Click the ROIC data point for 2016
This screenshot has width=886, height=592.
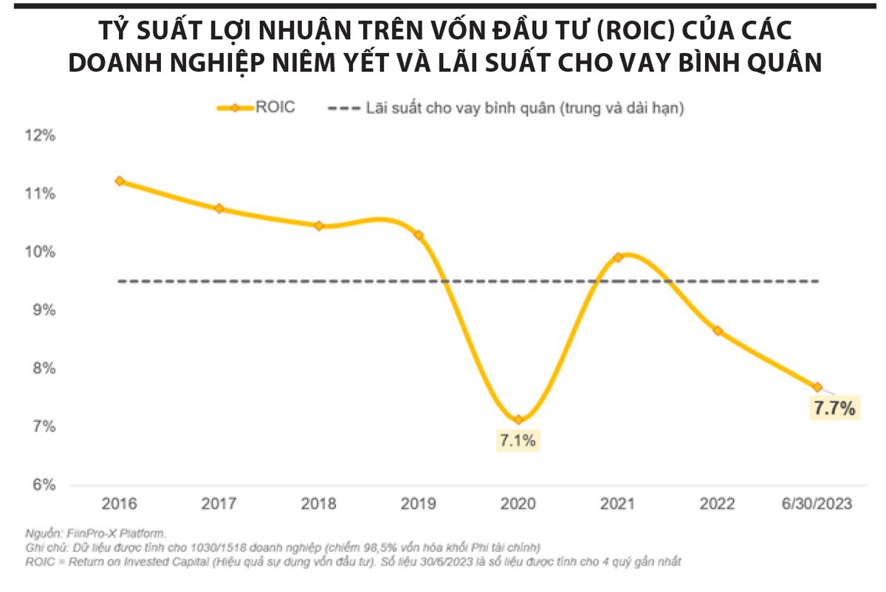pyautogui.click(x=120, y=181)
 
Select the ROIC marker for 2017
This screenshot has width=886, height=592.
pyautogui.click(x=219, y=209)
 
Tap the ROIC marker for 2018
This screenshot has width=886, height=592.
pyautogui.click(x=319, y=226)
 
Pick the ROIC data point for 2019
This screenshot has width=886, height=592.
pyautogui.click(x=419, y=235)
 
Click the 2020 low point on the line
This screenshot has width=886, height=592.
pyautogui.click(x=518, y=420)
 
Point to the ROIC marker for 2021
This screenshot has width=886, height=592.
pyautogui.click(x=619, y=258)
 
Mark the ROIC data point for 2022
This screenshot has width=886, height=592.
pyautogui.click(x=718, y=331)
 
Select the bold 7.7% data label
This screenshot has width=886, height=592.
pyautogui.click(x=834, y=407)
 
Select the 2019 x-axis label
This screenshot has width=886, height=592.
pyautogui.click(x=419, y=504)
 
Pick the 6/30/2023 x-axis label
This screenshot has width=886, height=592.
pyautogui.click(x=817, y=504)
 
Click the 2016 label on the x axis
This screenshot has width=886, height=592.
pyautogui.click(x=120, y=504)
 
